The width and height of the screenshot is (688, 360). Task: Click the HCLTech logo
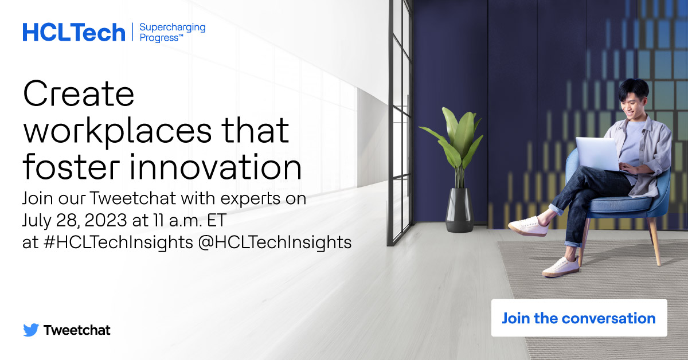pos(73,32)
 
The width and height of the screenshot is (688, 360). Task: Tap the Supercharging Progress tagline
pos(172,32)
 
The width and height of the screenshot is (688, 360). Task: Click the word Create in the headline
pos(79,95)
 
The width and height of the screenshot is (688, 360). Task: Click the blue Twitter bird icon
pos(31,330)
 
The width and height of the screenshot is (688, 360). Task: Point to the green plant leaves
pos(456,138)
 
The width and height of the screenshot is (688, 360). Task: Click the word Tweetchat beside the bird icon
pos(77,330)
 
